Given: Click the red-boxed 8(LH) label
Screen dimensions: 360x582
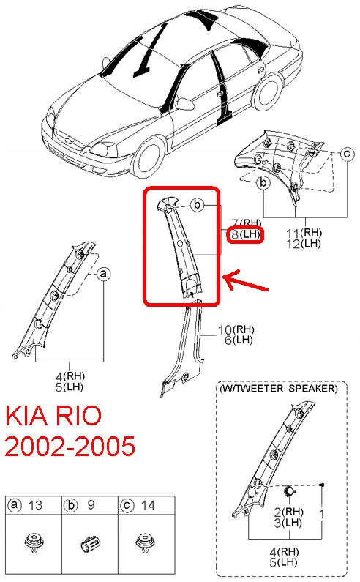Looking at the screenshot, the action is pyautogui.click(x=245, y=234).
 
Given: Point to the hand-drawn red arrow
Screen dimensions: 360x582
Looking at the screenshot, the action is pyautogui.click(x=245, y=281).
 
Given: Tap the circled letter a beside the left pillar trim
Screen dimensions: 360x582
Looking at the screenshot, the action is pyautogui.click(x=104, y=274).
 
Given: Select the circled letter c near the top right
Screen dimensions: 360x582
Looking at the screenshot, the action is pyautogui.click(x=347, y=153).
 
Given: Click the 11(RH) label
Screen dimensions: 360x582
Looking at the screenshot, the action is pyautogui.click(x=304, y=233).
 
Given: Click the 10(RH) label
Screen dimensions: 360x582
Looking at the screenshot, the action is pyautogui.click(x=236, y=329).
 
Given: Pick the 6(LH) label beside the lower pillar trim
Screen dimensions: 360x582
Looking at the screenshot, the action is pyautogui.click(x=239, y=340).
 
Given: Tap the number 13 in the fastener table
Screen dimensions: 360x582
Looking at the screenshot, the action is pyautogui.click(x=35, y=505).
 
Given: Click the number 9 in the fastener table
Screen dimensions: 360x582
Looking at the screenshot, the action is pyautogui.click(x=91, y=505).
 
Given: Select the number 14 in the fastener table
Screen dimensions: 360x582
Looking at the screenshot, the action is pyautogui.click(x=148, y=505).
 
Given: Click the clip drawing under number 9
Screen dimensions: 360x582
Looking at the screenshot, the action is pyautogui.click(x=90, y=544).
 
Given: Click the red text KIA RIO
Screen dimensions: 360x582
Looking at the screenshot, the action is pyautogui.click(x=53, y=416).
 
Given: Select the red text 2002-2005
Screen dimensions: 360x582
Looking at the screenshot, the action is pyautogui.click(x=70, y=446).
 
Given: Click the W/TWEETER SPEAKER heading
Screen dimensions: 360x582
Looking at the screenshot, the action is pyautogui.click(x=279, y=389).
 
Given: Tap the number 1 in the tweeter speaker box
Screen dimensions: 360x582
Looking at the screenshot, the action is pyautogui.click(x=322, y=514).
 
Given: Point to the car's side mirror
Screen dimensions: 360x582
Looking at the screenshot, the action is pyautogui.click(x=184, y=103).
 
